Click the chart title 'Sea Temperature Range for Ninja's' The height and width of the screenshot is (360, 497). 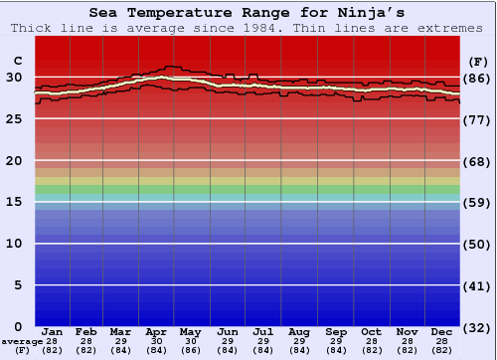[248, 13]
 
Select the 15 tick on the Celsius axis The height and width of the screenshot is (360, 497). [14, 202]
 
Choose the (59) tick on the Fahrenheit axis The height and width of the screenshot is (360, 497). [478, 202]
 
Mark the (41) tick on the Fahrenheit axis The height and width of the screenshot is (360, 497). [478, 285]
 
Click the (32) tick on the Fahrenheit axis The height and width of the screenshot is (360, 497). [478, 327]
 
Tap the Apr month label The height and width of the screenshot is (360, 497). [156, 331]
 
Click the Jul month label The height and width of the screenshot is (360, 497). [262, 331]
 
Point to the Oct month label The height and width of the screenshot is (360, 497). [371, 331]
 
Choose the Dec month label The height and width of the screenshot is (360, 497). [442, 331]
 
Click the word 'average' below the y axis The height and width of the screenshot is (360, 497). [22, 341]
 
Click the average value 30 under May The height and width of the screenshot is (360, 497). [191, 341]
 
